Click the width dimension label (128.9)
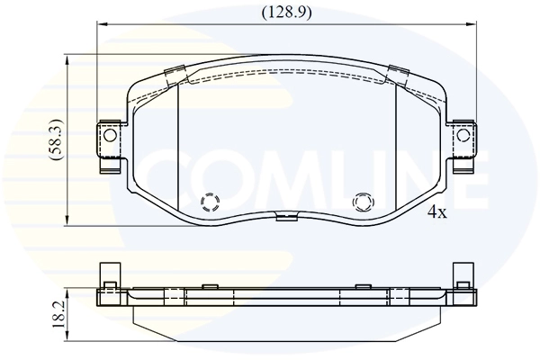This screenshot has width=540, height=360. click(286, 13)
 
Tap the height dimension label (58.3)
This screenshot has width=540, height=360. click(56, 139)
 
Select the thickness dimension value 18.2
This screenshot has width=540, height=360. click(58, 314)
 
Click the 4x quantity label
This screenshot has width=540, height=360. click(437, 212)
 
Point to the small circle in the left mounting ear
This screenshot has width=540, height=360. click(110, 135)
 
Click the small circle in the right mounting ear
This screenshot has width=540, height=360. click(463, 135)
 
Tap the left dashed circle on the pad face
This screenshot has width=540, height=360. click(210, 202)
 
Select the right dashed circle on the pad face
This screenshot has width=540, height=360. click(364, 202)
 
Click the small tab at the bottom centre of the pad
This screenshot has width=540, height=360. click(287, 217)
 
